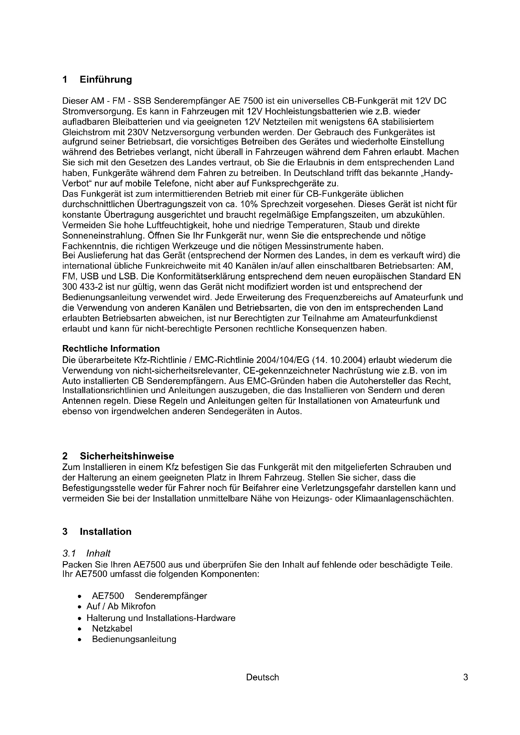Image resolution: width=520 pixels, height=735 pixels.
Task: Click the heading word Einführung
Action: pos(106,80)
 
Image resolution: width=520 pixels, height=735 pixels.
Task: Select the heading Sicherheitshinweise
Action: pos(127,456)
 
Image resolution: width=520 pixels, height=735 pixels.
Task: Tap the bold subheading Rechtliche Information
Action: pos(111,348)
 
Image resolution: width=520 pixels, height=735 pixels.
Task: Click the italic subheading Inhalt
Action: pos(98,553)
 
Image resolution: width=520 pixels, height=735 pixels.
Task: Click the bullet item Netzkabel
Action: pos(112,628)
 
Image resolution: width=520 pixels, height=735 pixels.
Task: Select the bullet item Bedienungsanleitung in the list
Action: pos(134,639)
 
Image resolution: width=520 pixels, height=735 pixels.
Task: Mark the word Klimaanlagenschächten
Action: pos(404,498)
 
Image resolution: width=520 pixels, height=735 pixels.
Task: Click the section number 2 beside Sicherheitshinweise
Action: pos(65,456)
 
